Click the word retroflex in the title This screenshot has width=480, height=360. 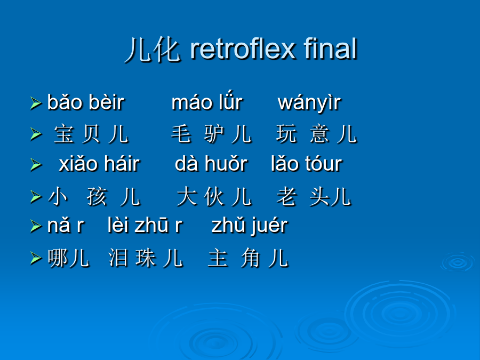[x=243, y=49]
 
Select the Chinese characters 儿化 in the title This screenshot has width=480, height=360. [x=153, y=50]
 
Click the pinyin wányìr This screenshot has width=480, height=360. [x=309, y=102]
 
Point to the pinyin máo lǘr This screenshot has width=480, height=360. [x=207, y=101]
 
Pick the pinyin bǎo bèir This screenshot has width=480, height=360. [x=86, y=102]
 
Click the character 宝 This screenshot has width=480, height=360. [x=64, y=134]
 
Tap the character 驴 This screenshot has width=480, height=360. [x=214, y=134]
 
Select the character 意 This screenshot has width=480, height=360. [x=319, y=134]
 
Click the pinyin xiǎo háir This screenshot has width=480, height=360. [x=100, y=164]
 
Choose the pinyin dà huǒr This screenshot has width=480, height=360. [x=211, y=164]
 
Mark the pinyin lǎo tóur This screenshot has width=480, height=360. [x=307, y=164]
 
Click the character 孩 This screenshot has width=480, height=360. [x=97, y=196]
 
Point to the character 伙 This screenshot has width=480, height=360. [x=214, y=196]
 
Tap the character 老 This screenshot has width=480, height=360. [x=286, y=196]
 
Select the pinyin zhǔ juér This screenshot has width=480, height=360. [x=250, y=226]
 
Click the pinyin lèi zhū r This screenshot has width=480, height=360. [x=145, y=225]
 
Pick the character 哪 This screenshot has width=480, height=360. [x=58, y=258]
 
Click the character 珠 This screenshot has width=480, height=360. [x=146, y=258]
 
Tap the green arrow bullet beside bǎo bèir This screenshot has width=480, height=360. [x=36, y=103]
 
